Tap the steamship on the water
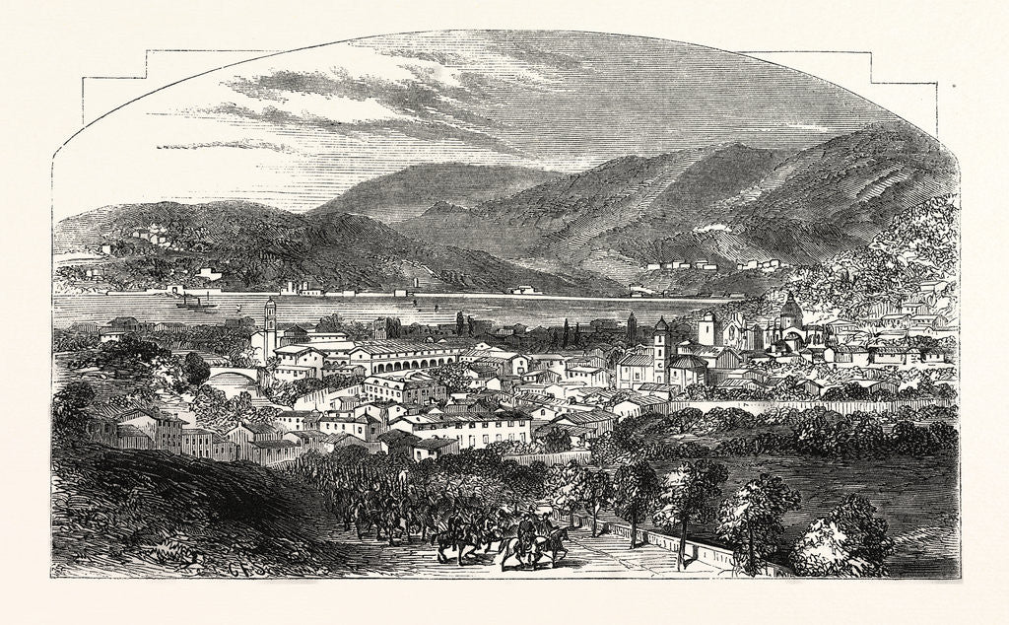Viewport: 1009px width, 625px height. click(195, 302)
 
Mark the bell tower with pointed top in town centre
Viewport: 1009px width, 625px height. click(660, 340)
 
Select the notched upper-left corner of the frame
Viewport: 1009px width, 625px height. click(148, 65)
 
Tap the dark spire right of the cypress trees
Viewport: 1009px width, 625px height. click(632, 326)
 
